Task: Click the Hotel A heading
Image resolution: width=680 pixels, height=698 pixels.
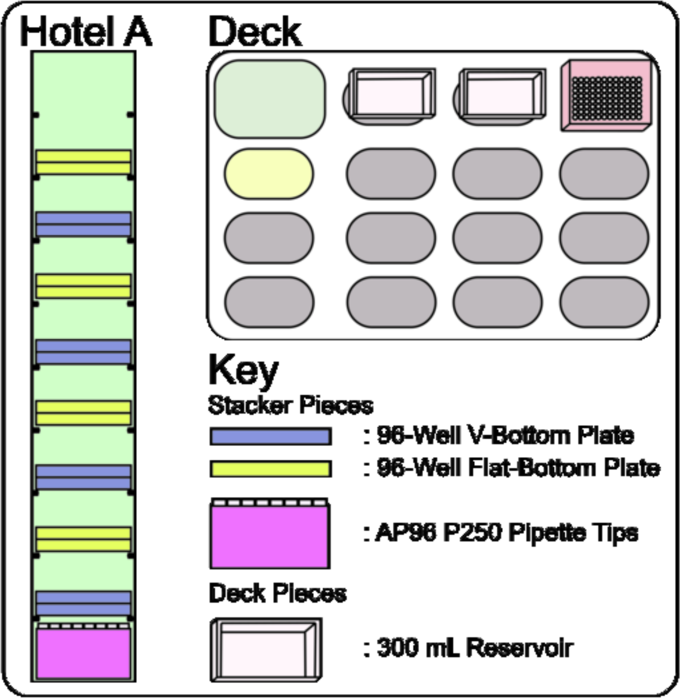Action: click(86, 31)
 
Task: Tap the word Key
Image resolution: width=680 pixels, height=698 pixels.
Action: click(243, 370)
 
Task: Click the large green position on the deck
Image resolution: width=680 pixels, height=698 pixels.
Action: click(270, 99)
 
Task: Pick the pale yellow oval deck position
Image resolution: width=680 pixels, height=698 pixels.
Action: click(269, 174)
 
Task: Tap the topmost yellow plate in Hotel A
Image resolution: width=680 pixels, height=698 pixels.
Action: click(83, 162)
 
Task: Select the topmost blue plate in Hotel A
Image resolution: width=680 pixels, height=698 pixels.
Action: click(83, 224)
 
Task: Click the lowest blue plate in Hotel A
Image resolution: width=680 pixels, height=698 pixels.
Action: click(83, 603)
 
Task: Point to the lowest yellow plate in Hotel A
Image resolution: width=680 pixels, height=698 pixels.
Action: click(83, 539)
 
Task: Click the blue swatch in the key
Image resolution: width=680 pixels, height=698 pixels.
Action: click(270, 436)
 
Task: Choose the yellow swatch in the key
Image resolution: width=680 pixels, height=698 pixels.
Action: click(270, 469)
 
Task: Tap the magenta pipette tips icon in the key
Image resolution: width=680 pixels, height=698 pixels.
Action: click(270, 533)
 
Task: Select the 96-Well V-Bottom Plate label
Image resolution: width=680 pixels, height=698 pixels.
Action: click(499, 436)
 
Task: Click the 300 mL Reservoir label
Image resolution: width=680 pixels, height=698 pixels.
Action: click(469, 648)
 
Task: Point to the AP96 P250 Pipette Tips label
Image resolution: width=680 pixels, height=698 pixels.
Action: click(501, 533)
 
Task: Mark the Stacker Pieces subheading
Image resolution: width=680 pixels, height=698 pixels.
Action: click(291, 406)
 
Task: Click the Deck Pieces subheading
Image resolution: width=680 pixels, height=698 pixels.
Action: click(278, 593)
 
